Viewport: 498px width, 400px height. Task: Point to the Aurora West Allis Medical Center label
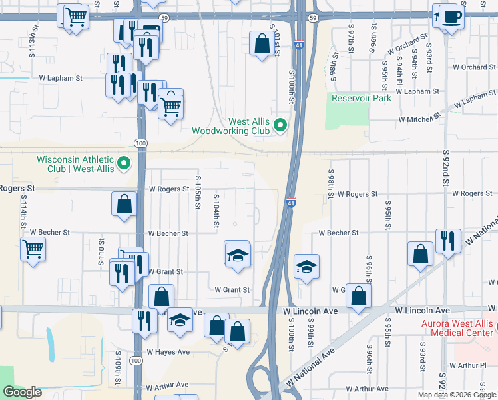(456, 327)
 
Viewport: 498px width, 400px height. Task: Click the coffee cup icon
(451, 16)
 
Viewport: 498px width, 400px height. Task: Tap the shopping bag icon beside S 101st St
(260, 43)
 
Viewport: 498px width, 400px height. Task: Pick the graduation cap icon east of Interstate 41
(306, 266)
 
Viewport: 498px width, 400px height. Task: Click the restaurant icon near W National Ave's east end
(447, 241)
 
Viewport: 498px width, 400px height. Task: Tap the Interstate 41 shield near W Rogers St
(291, 202)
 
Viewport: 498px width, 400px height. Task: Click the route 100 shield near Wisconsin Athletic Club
(140, 143)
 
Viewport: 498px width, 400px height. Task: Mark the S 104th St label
(216, 211)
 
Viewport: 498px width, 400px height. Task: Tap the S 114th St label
(23, 213)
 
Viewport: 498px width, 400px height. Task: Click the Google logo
(23, 392)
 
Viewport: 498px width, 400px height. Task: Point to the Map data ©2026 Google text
(456, 395)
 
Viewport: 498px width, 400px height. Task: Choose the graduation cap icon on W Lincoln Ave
(179, 319)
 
